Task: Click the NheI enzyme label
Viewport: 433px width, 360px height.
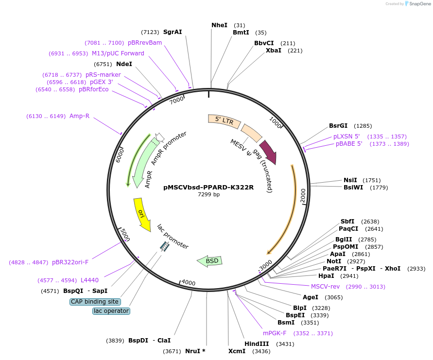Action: coord(219,25)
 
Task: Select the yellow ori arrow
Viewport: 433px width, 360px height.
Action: coord(141,214)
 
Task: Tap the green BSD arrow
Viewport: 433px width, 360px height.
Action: coord(210,261)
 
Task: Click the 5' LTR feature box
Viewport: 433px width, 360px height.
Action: coord(224,120)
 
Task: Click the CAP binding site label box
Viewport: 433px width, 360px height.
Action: coord(94,302)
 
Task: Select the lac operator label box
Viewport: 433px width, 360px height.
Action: coord(111,311)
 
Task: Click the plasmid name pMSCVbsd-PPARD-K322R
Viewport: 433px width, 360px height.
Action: coord(208,187)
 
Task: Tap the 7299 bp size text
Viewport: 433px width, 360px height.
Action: coord(208,194)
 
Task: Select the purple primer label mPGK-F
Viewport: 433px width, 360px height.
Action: coord(275,333)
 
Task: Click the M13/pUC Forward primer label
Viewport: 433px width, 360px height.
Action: coord(118,53)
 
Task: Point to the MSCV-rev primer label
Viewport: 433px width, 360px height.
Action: coord(325,286)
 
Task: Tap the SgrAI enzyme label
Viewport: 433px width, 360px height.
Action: coord(173,32)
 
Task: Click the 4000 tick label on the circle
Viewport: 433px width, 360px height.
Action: coord(188,283)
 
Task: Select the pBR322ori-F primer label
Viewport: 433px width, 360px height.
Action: coord(70,262)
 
